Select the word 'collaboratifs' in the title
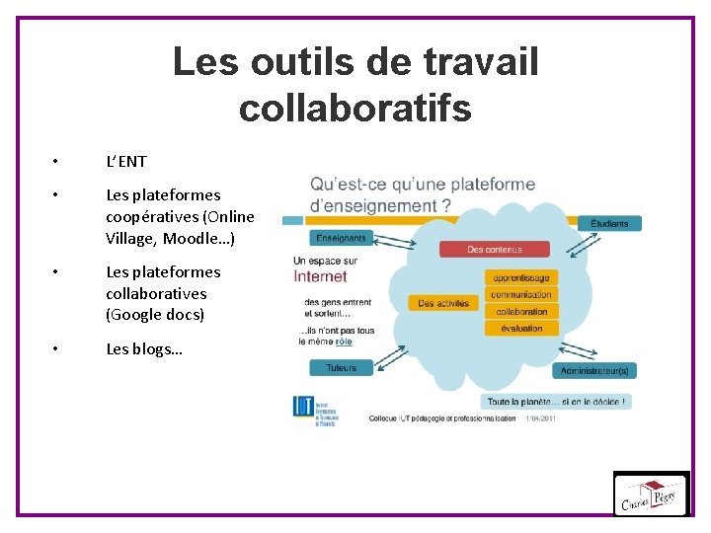355,108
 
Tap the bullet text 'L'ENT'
126,161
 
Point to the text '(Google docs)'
155,315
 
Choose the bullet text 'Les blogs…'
144,348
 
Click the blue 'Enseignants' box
341,238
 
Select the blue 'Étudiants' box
609,223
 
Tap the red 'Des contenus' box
495,250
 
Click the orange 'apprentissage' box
521,278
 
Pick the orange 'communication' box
521,295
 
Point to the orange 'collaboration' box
521,312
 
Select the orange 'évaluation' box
521,329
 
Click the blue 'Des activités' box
441,303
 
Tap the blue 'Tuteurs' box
341,367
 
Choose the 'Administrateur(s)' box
594,371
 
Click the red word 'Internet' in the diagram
321,277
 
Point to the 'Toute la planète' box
557,402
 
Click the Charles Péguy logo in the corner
651,493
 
